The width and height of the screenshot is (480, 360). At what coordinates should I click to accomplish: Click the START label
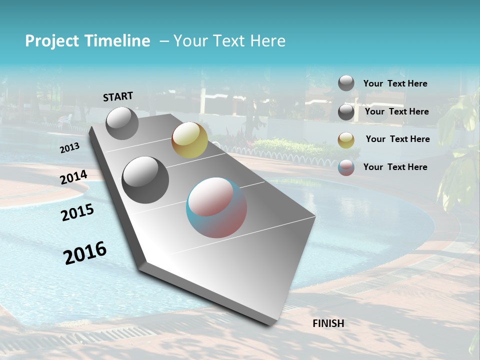(x=118, y=96)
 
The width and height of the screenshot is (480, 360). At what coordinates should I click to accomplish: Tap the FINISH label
(x=328, y=323)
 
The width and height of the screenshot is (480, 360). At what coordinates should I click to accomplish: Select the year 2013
(x=69, y=148)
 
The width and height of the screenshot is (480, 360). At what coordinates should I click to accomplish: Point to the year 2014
(x=74, y=177)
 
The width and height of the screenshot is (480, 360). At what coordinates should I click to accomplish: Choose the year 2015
(x=77, y=212)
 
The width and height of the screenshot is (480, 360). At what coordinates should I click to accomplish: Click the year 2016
(x=85, y=252)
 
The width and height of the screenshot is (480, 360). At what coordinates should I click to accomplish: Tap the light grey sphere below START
(x=122, y=123)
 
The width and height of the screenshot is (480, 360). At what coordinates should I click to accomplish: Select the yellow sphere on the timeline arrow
(x=189, y=140)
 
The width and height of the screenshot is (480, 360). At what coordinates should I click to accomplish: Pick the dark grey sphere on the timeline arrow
(x=145, y=179)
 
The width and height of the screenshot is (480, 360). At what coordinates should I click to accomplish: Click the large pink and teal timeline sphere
(x=216, y=207)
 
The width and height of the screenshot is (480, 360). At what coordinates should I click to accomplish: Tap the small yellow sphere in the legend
(x=346, y=140)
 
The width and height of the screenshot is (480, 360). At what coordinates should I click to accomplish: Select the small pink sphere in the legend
(x=346, y=167)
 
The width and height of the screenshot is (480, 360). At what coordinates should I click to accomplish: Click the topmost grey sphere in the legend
(x=346, y=83)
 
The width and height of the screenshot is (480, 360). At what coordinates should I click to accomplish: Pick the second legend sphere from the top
(x=346, y=112)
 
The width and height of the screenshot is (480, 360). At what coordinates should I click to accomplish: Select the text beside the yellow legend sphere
(x=397, y=139)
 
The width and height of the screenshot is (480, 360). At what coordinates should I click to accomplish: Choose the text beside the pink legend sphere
(x=395, y=167)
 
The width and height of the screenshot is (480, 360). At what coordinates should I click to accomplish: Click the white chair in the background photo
(x=65, y=121)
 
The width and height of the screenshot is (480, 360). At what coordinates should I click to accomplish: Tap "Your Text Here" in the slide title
(x=229, y=41)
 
